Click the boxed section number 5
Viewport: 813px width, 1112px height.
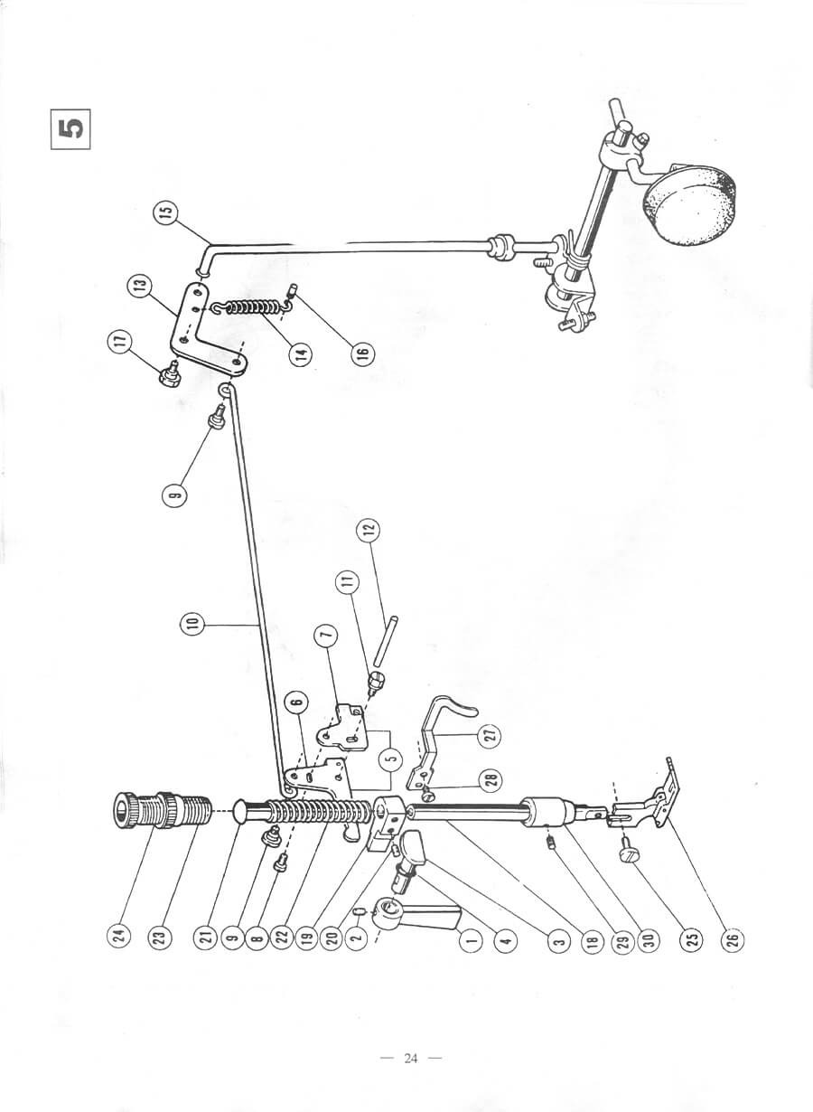(70, 129)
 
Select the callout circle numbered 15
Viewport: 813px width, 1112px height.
(168, 212)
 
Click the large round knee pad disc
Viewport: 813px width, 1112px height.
(690, 203)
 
